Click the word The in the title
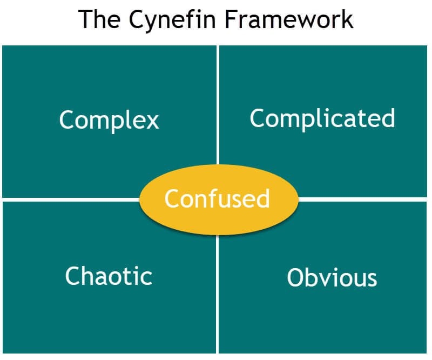[98, 19]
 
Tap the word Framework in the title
[288, 19]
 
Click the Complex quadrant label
[109, 120]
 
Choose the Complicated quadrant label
[322, 118]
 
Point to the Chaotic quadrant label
[109, 276]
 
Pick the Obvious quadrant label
[332, 277]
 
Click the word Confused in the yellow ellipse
[217, 198]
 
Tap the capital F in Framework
[230, 19]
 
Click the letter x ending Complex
[153, 121]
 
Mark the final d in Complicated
[388, 118]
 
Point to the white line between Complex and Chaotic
[70, 199]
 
